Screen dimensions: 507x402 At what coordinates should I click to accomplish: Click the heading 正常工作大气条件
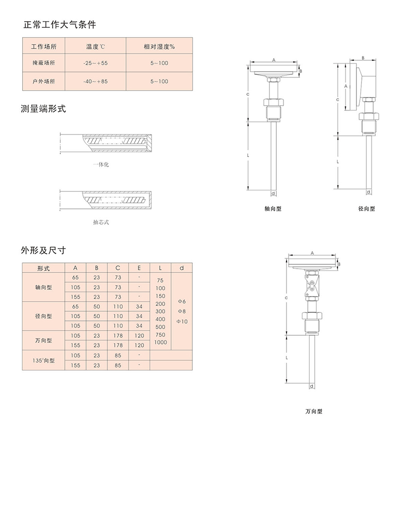(59, 24)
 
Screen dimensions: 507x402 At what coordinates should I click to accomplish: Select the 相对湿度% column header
(159, 46)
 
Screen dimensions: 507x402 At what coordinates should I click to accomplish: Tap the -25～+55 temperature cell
(95, 63)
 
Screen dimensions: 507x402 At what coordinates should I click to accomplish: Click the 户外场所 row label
(43, 81)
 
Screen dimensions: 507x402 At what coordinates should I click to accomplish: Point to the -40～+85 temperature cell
(95, 81)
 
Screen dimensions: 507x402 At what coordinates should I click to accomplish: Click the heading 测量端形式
(43, 109)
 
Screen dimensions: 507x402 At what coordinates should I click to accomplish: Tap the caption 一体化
(101, 165)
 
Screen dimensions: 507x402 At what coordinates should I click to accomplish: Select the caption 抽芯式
(101, 222)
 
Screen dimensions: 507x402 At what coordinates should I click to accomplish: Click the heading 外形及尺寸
(43, 250)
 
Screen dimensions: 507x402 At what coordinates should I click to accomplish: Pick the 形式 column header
(43, 268)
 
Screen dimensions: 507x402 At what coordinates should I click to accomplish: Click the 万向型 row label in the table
(43, 340)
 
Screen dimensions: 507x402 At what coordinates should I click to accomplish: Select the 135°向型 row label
(43, 361)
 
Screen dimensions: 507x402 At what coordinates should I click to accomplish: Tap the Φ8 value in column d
(181, 312)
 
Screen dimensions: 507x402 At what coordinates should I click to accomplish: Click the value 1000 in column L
(160, 342)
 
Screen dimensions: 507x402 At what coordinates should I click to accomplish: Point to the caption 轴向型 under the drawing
(273, 209)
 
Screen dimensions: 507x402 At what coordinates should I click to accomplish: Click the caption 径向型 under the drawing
(366, 209)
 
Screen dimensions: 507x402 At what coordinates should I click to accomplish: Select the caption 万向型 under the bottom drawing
(313, 412)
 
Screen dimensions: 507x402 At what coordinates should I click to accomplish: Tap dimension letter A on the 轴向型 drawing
(274, 60)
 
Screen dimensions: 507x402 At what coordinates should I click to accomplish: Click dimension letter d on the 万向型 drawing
(311, 386)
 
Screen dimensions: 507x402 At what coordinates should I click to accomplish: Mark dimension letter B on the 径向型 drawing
(363, 58)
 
